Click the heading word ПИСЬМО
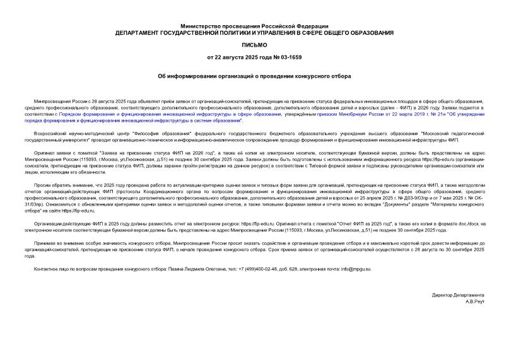tap(254, 45)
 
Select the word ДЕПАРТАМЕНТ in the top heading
tap(143, 32)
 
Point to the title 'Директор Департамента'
tap(459, 295)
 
